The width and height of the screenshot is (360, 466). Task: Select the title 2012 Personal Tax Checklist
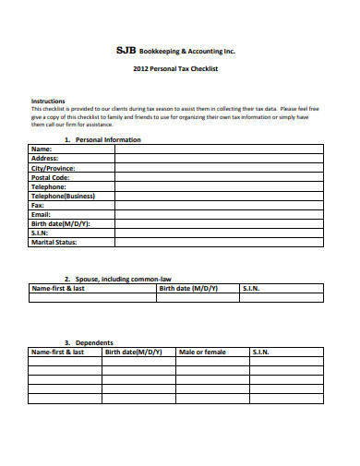click(x=181, y=69)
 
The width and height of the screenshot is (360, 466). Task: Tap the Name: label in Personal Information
click(x=42, y=149)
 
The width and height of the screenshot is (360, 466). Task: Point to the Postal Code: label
click(x=50, y=177)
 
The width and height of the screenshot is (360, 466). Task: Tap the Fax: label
click(x=38, y=205)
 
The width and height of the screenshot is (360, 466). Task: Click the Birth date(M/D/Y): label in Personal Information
click(x=60, y=224)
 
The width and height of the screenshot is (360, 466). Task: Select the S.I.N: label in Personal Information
click(x=40, y=233)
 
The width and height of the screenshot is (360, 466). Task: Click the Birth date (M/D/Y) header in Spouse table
click(x=189, y=288)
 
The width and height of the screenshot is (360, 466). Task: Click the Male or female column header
click(x=202, y=352)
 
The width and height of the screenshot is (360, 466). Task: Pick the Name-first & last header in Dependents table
click(x=58, y=352)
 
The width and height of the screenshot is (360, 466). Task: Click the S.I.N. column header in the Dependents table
click(x=262, y=352)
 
